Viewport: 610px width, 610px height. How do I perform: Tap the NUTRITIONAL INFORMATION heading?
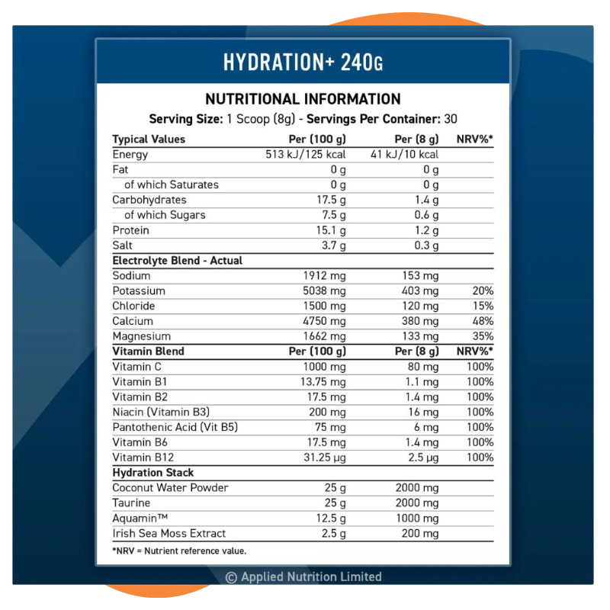(x=303, y=99)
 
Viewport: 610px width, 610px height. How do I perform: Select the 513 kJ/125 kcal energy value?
(x=305, y=155)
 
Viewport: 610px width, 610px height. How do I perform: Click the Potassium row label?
(x=139, y=291)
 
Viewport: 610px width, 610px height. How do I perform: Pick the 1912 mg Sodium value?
(x=324, y=275)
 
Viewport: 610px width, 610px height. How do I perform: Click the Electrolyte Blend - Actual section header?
(x=177, y=260)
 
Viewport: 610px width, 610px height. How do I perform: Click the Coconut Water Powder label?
(x=170, y=487)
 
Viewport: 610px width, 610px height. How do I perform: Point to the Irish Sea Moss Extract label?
(x=169, y=533)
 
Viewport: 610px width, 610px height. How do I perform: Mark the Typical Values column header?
(x=149, y=140)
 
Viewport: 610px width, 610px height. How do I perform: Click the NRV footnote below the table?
(x=179, y=551)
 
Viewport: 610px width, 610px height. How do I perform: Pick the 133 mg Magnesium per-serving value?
(x=420, y=336)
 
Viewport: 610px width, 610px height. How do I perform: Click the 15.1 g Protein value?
(x=331, y=230)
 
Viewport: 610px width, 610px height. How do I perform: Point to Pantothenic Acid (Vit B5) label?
(x=175, y=427)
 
